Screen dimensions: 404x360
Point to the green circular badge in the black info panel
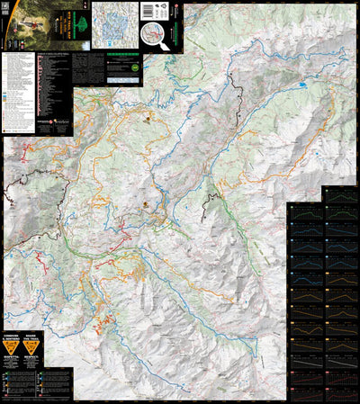(134, 67)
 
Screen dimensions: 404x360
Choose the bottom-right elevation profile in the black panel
(341, 385)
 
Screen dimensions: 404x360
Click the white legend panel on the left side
(20, 90)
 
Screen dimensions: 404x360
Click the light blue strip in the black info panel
(116, 79)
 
